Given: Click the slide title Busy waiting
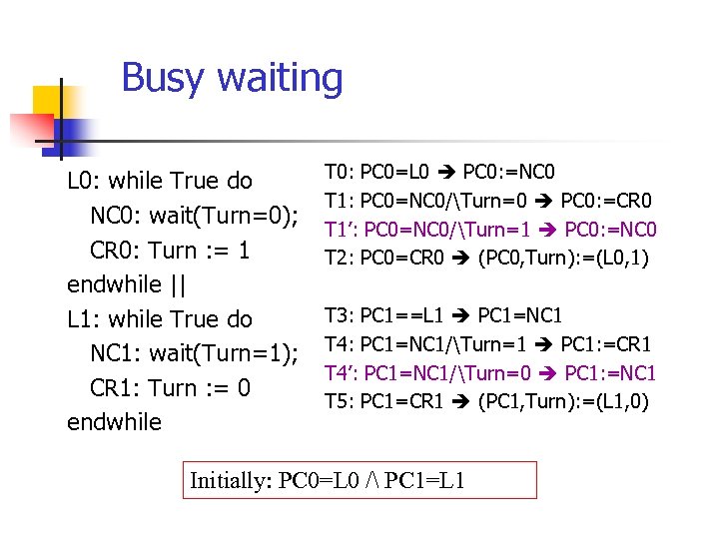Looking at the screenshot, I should coord(232,78).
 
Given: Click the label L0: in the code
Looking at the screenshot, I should coord(83,182).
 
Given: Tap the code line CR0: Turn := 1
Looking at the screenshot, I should coord(170,251).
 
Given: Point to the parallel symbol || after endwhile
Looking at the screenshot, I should coord(177,284).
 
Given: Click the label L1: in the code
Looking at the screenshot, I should coord(83,319).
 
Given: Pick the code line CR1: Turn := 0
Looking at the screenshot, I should coord(170,388).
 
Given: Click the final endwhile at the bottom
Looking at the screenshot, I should coord(114,422).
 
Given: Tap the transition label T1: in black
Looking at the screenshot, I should coord(339,200).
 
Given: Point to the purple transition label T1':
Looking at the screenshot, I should coord(342,229).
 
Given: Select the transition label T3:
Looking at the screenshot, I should coord(339,316).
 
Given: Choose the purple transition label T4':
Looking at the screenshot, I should coord(342,373).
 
